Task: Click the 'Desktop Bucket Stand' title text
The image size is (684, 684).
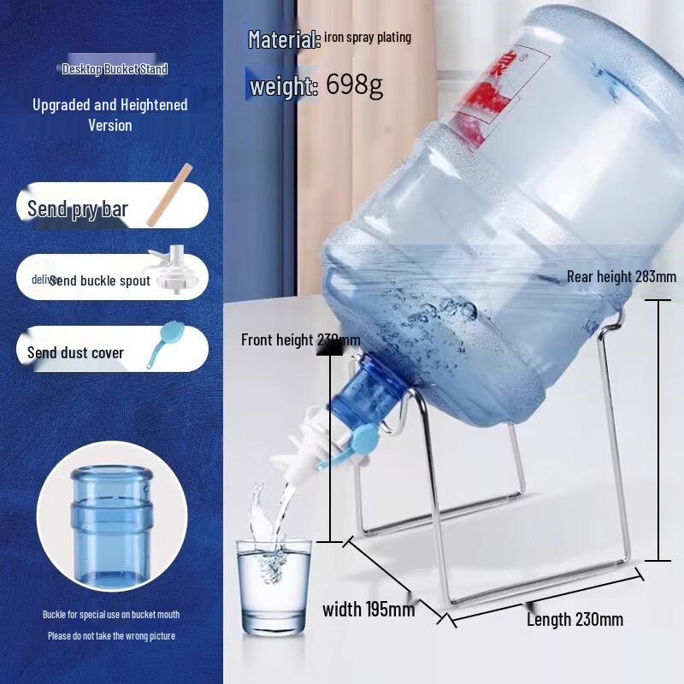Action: point(115,68)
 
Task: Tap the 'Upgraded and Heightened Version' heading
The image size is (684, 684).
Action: point(109,115)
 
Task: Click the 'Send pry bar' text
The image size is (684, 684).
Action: point(77,209)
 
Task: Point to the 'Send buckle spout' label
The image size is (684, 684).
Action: point(100,280)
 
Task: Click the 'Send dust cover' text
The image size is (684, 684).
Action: point(75,352)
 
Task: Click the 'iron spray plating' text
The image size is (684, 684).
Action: point(368,38)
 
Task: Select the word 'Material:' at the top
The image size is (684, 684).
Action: point(284,39)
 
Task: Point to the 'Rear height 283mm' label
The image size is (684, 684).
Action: point(622,276)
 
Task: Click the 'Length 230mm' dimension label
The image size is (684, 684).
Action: point(575,619)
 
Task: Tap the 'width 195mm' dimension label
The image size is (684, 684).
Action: point(369,609)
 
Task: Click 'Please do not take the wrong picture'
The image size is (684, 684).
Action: point(111,635)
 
